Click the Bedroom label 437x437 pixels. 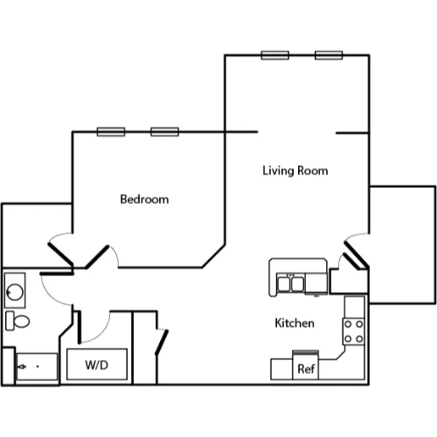click(x=144, y=199)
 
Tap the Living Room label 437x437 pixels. click(x=295, y=170)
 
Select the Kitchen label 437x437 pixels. click(x=295, y=323)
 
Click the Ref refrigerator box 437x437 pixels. click(x=305, y=365)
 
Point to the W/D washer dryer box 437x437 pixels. click(x=97, y=364)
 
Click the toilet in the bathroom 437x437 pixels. click(x=17, y=321)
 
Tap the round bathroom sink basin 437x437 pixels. click(x=15, y=292)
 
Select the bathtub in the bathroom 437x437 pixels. click(x=37, y=366)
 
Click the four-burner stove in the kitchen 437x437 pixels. click(x=354, y=331)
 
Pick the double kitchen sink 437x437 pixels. click(x=290, y=284)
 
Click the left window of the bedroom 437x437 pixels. click(x=111, y=132)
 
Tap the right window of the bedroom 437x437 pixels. click(x=164, y=132)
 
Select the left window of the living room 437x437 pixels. click(x=275, y=55)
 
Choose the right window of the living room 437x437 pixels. click(x=329, y=55)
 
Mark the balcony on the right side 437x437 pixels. click(x=403, y=245)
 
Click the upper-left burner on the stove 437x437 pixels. click(x=348, y=324)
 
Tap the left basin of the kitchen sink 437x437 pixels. click(x=284, y=284)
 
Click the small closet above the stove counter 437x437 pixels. click(x=349, y=281)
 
